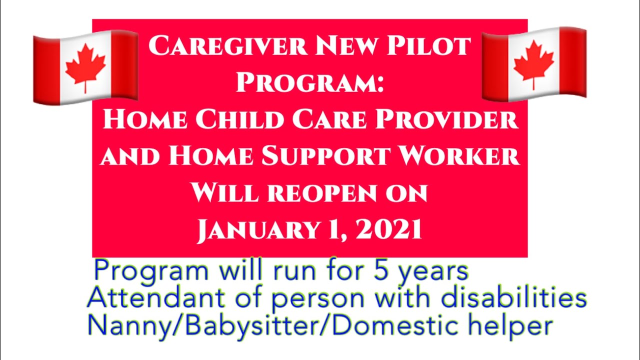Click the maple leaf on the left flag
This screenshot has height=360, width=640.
[x=85, y=67]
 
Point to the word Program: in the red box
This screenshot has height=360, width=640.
[x=310, y=82]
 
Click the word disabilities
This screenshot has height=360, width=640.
[x=505, y=298]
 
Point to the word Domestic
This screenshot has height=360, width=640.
[x=399, y=325]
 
